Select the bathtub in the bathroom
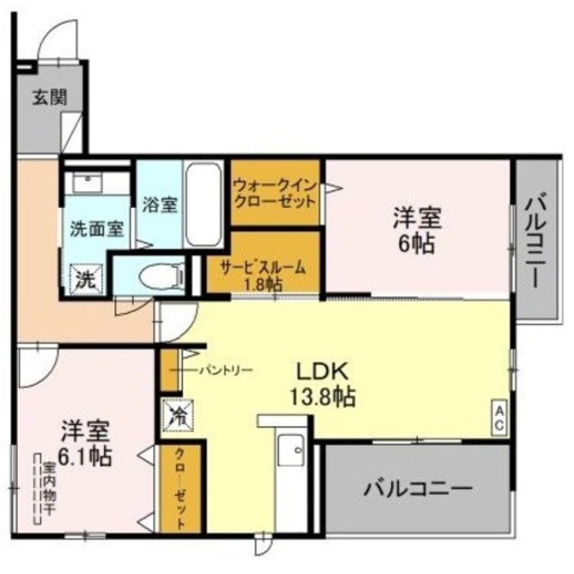[x=205, y=205]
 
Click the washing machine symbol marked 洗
[x=86, y=278]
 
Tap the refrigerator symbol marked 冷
[x=177, y=415]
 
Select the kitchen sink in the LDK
[x=289, y=451]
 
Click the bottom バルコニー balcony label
[x=417, y=489]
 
